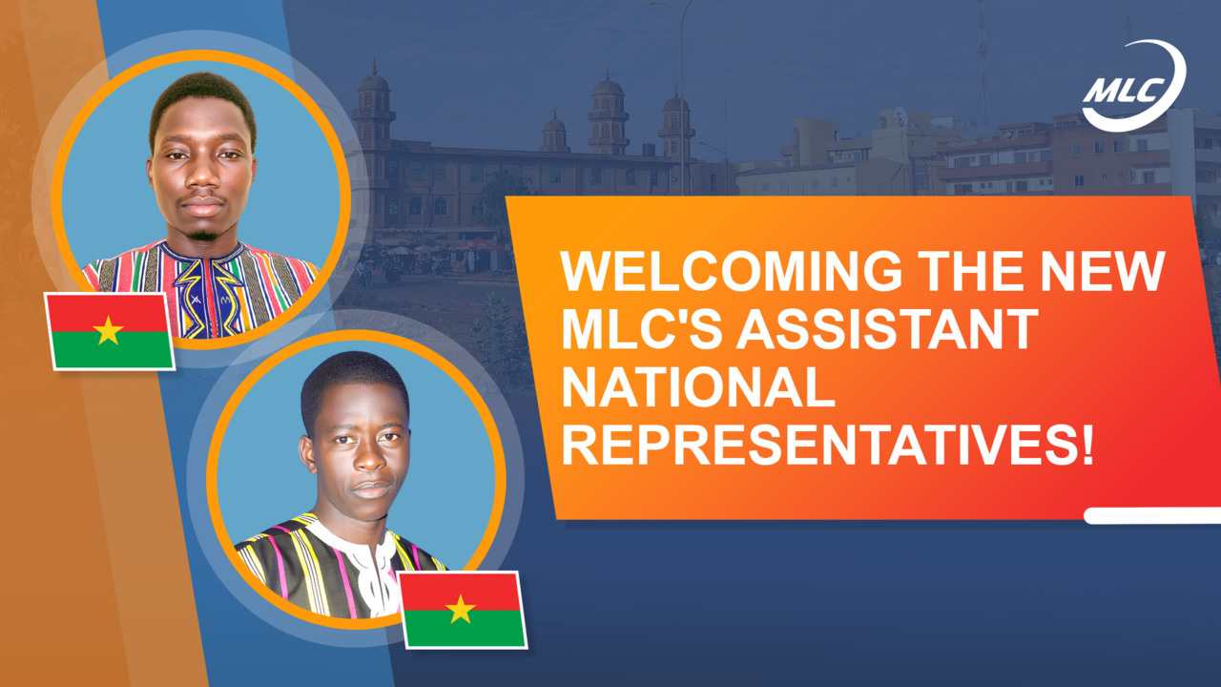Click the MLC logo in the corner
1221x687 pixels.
point(1133,86)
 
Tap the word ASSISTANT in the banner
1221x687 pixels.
point(887,329)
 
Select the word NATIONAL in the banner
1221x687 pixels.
point(698,387)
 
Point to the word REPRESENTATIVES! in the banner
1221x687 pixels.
point(827,446)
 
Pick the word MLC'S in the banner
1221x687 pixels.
point(642,329)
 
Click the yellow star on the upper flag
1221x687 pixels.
point(108,330)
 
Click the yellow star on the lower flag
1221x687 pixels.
point(461,609)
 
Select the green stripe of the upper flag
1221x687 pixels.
point(112,350)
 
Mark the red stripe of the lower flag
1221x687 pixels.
point(463,592)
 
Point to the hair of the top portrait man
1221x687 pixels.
point(203,101)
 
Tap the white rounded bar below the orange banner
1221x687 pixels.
point(1152,516)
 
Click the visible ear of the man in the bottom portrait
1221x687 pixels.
point(308,453)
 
